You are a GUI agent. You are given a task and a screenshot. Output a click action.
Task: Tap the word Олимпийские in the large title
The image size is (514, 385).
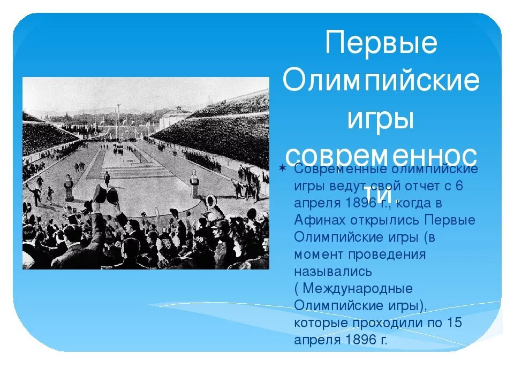pos(381,81)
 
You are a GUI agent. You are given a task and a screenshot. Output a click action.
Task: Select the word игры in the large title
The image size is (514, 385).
pos(381,118)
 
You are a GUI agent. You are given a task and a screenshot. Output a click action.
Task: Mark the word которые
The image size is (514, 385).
pos(320,323)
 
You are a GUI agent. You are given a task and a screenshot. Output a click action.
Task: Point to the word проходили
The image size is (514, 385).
pos(389,323)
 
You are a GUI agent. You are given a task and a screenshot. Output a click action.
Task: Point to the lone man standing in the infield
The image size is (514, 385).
pos(107,179)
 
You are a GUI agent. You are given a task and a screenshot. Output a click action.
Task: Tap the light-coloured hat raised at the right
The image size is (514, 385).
pos(210,201)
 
